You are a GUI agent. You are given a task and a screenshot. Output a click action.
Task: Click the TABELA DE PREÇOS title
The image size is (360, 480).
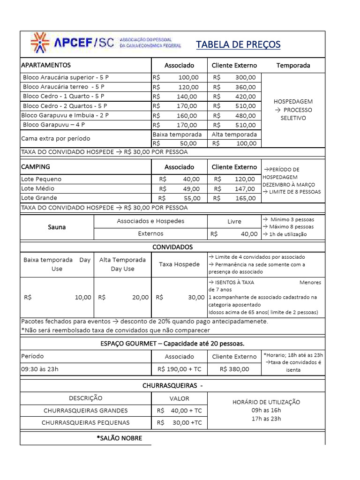click(x=238, y=45)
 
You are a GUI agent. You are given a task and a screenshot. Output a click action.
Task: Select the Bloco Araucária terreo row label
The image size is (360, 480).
click(x=64, y=87)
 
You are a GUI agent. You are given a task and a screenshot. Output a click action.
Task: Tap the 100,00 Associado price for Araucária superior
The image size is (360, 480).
click(x=188, y=77)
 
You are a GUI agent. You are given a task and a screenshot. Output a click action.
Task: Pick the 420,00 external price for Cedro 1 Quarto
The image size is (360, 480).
click(x=246, y=97)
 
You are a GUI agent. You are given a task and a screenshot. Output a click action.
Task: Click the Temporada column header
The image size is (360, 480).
click(x=293, y=65)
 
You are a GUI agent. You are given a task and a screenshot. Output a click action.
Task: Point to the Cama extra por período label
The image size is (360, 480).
click(x=56, y=139)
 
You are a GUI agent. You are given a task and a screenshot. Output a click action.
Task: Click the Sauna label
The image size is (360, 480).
click(x=57, y=227)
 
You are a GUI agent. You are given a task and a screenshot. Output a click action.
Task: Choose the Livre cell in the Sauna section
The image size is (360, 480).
click(x=234, y=221)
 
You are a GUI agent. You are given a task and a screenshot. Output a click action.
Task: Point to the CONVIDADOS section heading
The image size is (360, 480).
click(x=172, y=247)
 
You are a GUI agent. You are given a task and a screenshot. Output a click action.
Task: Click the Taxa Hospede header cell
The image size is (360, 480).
click(x=179, y=264)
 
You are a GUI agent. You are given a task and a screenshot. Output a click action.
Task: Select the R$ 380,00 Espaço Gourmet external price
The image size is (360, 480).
click(x=234, y=369)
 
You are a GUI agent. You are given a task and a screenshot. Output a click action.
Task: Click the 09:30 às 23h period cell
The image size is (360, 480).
click(x=40, y=369)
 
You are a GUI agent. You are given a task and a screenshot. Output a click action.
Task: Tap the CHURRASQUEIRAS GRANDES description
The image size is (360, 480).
click(x=86, y=411)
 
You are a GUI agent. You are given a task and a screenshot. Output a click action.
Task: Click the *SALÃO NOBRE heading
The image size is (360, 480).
click(x=119, y=438)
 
